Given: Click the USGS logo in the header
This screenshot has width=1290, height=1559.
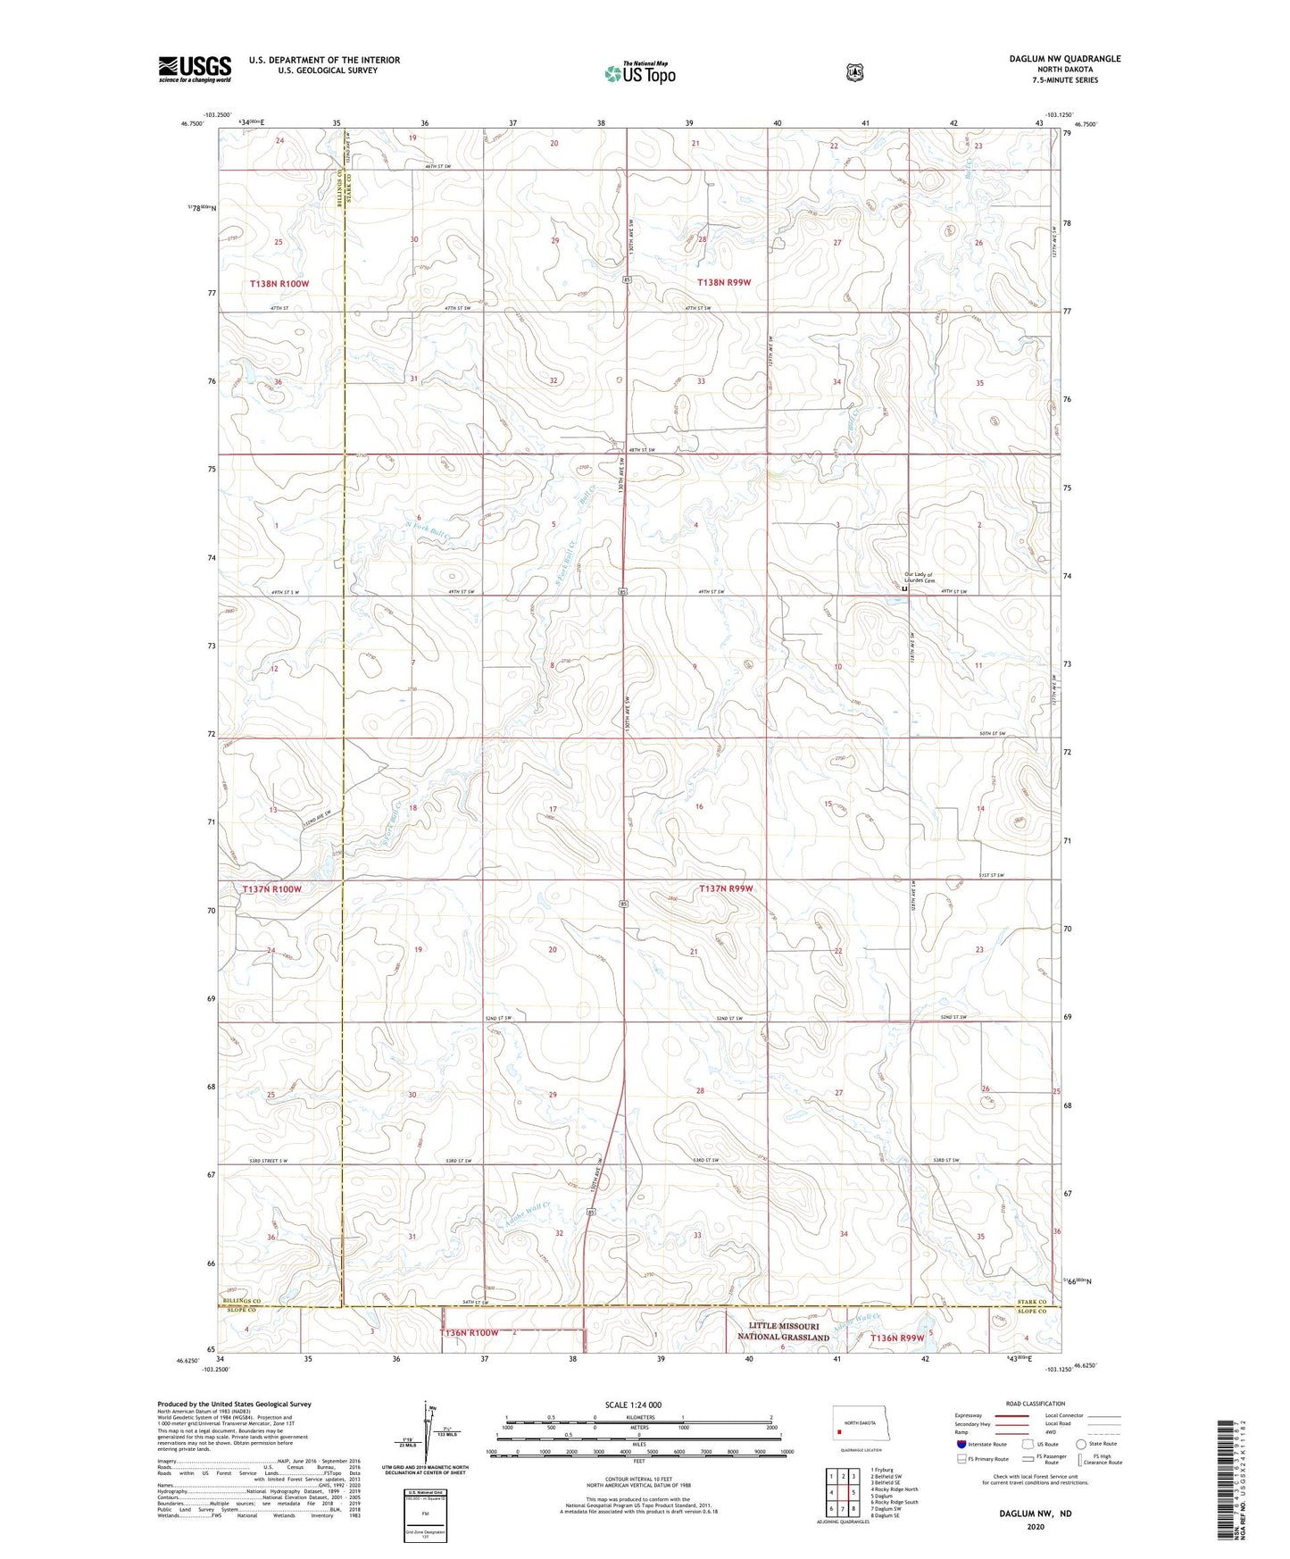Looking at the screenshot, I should pos(195,69).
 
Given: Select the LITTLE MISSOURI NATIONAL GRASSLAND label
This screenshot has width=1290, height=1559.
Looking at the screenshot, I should pos(783,1331).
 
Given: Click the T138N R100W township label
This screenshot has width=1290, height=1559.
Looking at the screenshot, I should pos(279,283).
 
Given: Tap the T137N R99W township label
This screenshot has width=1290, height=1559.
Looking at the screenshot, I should pos(726,888).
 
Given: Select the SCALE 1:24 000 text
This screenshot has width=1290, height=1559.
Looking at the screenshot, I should pos(633,1405).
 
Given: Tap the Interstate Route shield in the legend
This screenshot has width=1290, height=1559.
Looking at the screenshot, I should pos(961,1444).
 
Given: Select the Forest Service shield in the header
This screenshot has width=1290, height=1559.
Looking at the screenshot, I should pos(854,71).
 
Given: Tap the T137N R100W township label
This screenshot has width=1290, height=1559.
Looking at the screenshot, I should pos(272,889).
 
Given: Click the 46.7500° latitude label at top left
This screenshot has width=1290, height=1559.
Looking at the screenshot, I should pos(193,125).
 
